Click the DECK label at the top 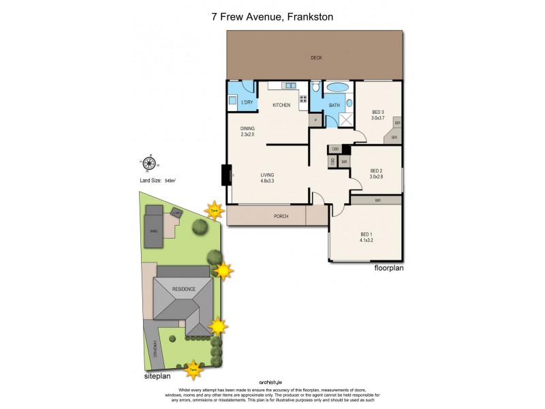[315, 58]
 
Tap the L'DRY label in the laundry [247, 102]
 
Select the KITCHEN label [281, 105]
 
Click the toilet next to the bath [315, 88]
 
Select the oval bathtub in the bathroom [337, 88]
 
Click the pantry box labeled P [315, 121]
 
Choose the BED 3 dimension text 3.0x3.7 [378, 118]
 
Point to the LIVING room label [267, 175]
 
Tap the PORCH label [280, 216]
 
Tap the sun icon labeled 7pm [215, 210]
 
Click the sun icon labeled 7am [193, 369]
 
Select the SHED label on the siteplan [153, 230]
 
